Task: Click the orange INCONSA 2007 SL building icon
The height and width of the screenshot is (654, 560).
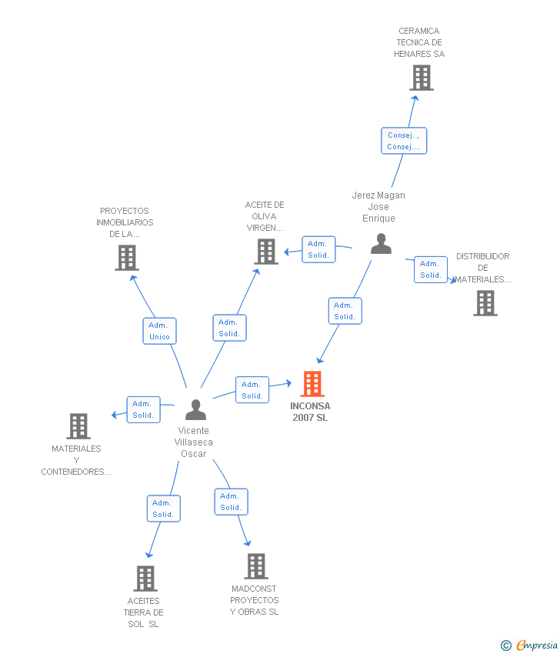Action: [312, 384]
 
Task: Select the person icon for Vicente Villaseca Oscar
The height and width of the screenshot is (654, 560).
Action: [196, 410]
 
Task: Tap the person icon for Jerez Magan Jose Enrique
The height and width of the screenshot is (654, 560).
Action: [381, 244]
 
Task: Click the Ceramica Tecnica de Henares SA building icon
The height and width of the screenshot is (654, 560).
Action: [421, 78]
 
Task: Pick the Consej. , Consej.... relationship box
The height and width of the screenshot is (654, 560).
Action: [404, 141]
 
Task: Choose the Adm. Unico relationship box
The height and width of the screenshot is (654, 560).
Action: [160, 331]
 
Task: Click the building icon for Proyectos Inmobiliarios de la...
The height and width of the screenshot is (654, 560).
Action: [127, 258]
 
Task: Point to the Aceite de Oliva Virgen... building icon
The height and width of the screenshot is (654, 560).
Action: [266, 252]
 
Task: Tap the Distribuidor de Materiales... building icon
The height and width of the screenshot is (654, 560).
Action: [485, 303]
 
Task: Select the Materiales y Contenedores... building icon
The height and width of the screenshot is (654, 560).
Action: [78, 426]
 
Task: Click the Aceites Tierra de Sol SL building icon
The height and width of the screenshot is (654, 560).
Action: [145, 579]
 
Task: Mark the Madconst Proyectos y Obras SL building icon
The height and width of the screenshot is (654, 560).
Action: [256, 566]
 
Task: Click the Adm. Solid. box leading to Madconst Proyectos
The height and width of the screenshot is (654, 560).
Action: [231, 502]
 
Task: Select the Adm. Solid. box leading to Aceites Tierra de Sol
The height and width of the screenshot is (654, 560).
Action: [163, 509]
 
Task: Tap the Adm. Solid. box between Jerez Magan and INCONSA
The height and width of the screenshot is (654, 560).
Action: [345, 311]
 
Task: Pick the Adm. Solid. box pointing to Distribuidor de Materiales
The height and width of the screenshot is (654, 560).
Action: [431, 269]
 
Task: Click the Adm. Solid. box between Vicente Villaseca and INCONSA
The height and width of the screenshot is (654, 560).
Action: [252, 390]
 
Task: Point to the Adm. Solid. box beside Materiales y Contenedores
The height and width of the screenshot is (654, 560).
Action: [143, 409]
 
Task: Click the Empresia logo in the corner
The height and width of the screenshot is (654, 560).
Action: [531, 646]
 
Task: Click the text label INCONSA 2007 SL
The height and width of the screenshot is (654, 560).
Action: [310, 412]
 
